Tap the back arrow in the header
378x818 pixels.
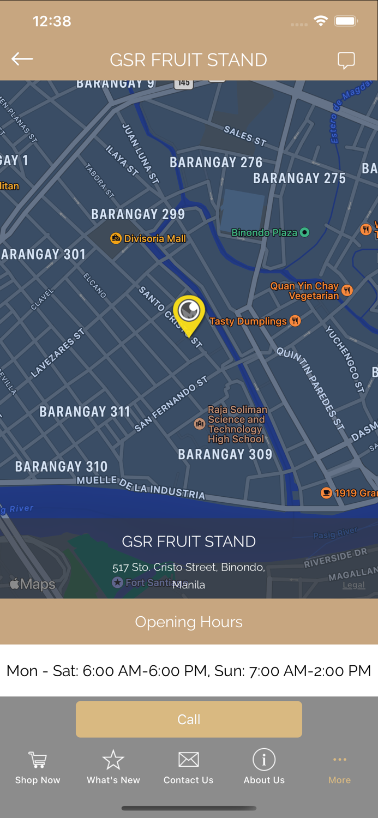(22, 59)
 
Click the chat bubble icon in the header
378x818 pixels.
(346, 60)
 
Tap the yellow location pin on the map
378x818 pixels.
(189, 313)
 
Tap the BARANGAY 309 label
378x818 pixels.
(225, 454)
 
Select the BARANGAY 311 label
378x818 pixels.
(85, 412)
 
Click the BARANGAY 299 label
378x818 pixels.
(138, 214)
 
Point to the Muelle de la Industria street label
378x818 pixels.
(141, 487)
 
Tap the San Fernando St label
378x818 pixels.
(171, 404)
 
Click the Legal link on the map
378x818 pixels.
(353, 585)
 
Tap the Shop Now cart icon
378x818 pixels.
(38, 760)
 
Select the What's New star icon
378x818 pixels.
(113, 760)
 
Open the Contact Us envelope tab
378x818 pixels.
(189, 760)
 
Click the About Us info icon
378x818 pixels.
(264, 760)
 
